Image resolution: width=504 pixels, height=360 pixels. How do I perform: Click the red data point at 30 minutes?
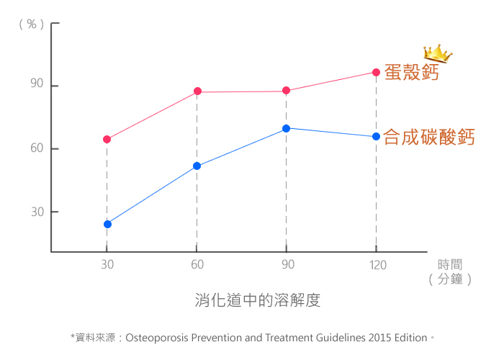[x=107, y=139]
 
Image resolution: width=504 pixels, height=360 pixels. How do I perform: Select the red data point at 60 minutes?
[x=197, y=91]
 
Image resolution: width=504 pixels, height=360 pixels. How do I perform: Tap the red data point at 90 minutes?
[x=286, y=91]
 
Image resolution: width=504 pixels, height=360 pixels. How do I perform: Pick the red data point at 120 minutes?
[x=376, y=72]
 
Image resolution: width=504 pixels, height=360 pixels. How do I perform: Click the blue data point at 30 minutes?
[x=107, y=224]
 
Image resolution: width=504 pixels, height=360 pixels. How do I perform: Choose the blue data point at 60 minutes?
[x=197, y=166]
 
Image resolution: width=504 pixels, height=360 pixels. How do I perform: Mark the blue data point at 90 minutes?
[x=286, y=128]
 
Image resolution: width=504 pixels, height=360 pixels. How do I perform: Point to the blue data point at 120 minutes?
[x=376, y=137]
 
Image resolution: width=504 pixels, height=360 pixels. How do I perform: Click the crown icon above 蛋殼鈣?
[x=437, y=53]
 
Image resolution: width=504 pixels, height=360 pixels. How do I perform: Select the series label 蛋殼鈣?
[x=411, y=73]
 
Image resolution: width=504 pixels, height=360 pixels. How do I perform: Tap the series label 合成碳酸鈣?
[x=429, y=137]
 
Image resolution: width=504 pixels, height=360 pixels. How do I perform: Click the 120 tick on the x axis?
[x=377, y=265]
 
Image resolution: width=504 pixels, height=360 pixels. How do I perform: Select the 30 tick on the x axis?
[x=107, y=265]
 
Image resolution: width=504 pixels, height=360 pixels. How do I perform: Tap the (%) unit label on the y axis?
[x=31, y=24]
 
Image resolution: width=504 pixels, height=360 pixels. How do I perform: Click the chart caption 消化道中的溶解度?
[x=257, y=300]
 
